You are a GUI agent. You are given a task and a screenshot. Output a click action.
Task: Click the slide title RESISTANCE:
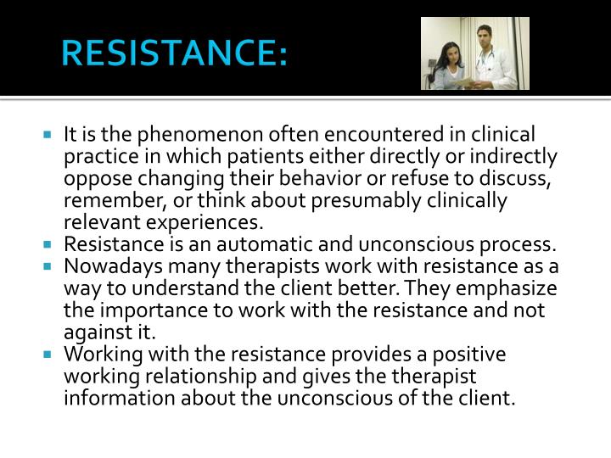(x=175, y=54)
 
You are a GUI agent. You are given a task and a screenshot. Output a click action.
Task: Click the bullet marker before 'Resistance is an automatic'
(x=50, y=245)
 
